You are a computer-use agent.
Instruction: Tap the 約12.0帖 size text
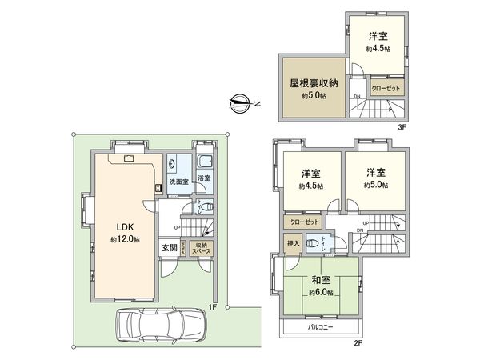(125, 239)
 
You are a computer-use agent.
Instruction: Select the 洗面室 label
(178, 182)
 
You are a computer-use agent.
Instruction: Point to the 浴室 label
(204, 178)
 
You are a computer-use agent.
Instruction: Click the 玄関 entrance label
(168, 248)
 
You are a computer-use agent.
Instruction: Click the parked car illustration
(161, 326)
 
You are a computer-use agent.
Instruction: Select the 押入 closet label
(292, 243)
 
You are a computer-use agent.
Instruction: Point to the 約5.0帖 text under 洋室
(376, 186)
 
